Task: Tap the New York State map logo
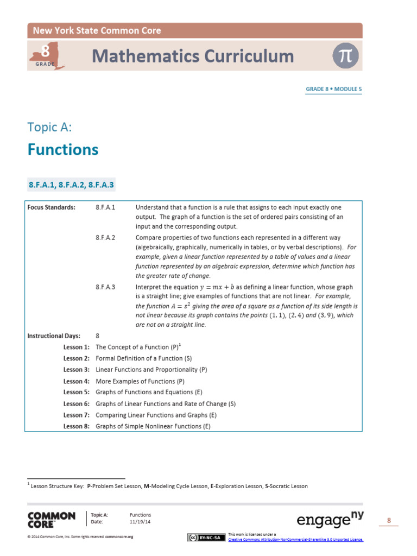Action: click(48, 56)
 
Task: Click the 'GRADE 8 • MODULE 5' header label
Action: click(333, 89)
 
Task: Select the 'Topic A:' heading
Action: click(49, 127)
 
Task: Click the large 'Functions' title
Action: click(63, 150)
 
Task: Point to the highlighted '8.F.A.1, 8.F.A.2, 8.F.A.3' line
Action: click(71, 185)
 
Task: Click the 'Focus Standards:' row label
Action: click(52, 207)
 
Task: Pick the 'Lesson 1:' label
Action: click(76, 346)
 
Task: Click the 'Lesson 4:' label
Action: click(76, 381)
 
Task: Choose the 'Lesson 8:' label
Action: click(76, 426)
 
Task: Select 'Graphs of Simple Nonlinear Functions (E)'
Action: click(153, 426)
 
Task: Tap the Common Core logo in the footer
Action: click(52, 520)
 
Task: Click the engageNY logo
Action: click(330, 520)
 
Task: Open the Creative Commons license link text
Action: click(296, 540)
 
